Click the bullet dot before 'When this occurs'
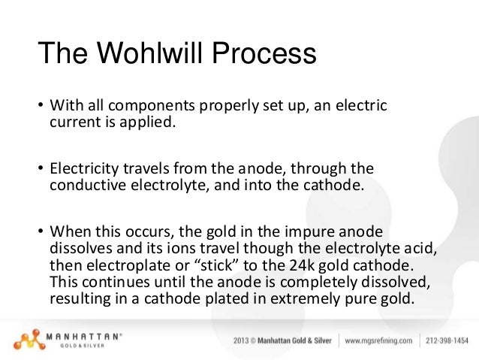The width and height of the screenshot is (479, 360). point(41,229)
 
